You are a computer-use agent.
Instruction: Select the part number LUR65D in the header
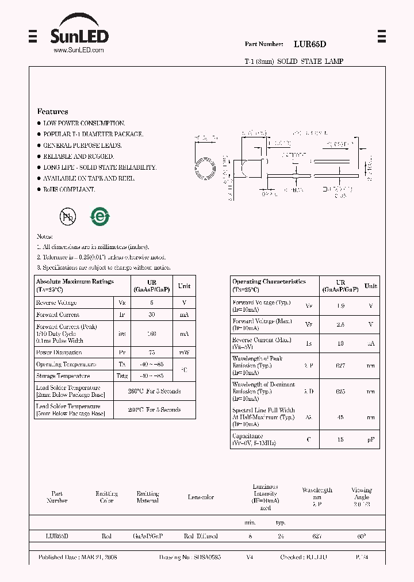(x=310, y=44)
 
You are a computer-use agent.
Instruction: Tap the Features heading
(x=52, y=112)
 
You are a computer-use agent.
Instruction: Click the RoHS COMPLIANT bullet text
(x=69, y=189)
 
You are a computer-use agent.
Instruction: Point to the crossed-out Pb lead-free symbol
(x=68, y=216)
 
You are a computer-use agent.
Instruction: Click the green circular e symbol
(x=99, y=216)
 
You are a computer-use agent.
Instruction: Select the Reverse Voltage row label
(x=56, y=303)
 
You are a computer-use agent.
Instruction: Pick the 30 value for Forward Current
(x=151, y=315)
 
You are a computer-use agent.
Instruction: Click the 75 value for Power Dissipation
(x=151, y=352)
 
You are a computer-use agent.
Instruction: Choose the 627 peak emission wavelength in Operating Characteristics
(x=340, y=365)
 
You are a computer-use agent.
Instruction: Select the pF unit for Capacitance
(x=371, y=439)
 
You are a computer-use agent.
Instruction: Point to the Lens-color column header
(x=201, y=497)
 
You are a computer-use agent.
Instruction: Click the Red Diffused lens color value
(x=201, y=536)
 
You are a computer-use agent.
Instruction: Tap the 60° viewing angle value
(x=361, y=536)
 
